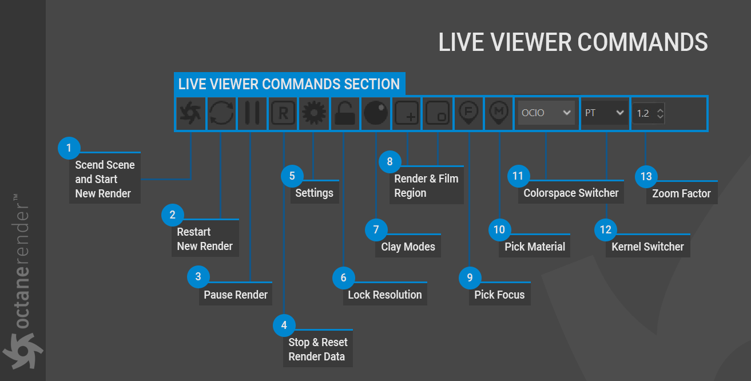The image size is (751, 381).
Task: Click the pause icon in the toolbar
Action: [252, 113]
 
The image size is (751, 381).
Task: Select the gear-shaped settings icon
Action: [313, 113]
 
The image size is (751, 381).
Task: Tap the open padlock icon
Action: [345, 113]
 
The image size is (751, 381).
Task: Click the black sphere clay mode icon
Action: [376, 113]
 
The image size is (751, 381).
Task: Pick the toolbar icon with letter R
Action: [283, 113]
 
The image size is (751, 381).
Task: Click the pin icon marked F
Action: [469, 113]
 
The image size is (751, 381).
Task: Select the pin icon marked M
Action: [499, 113]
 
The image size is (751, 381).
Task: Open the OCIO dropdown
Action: [546, 113]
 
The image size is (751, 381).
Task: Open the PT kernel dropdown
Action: [605, 113]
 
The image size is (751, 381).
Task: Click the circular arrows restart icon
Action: [221, 113]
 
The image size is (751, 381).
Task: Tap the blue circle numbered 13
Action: [646, 176]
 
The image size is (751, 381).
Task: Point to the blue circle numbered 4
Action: [284, 326]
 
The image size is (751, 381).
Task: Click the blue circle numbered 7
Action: [376, 230]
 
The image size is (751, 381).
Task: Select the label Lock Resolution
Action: [385, 295]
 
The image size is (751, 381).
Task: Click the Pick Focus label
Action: [499, 295]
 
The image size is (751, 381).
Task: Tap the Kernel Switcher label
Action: [647, 247]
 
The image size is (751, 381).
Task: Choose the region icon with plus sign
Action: [407, 113]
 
